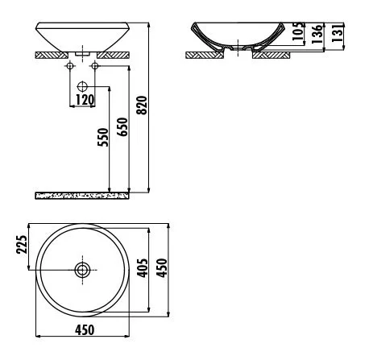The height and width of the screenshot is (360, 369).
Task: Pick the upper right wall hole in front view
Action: coord(95,65)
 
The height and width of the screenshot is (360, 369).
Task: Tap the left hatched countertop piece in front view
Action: coord(53,55)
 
